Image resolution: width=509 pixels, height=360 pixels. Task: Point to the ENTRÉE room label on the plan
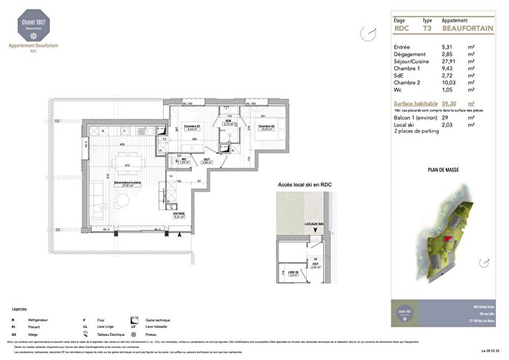[x=178, y=214]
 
